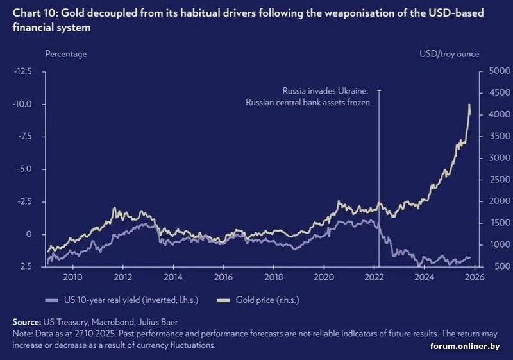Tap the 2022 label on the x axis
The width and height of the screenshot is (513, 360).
tap(374, 277)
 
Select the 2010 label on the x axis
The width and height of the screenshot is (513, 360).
tap(72, 277)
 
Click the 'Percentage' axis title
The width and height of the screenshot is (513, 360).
tap(65, 54)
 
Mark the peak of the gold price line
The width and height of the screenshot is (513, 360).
tap(469, 104)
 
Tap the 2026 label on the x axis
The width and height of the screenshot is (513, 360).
tap(474, 277)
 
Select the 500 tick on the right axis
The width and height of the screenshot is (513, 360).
tap(498, 266)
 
